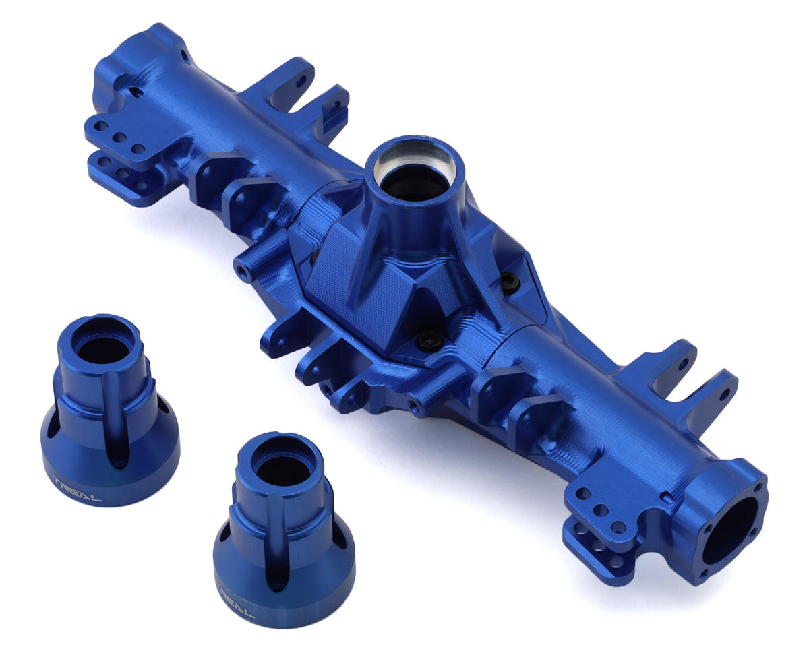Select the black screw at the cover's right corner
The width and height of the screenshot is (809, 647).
(x=512, y=282)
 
